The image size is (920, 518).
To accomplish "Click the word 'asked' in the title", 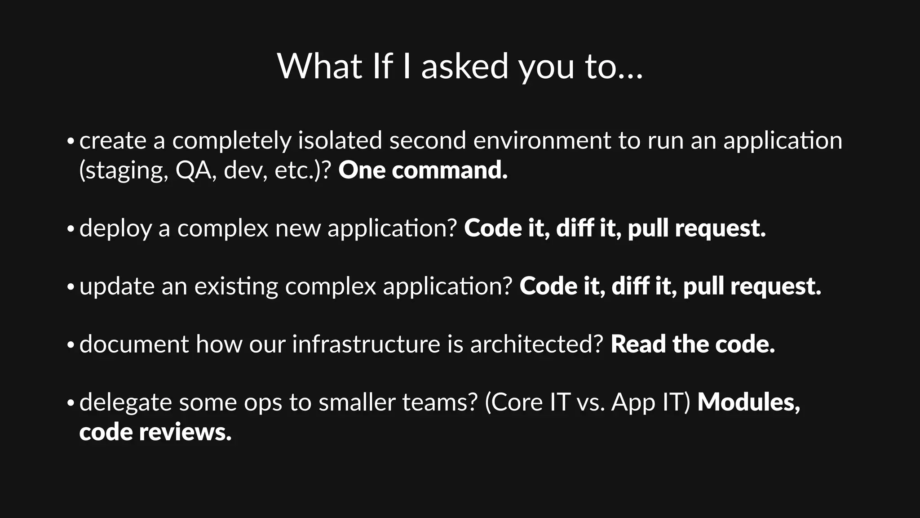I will click(x=464, y=67).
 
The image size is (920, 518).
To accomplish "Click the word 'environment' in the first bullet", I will click(x=542, y=140).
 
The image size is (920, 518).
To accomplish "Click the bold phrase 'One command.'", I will click(x=423, y=170).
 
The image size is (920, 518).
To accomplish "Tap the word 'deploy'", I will click(x=115, y=228).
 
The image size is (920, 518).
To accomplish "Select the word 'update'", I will click(x=117, y=286).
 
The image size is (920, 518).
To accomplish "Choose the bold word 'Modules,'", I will click(x=748, y=402).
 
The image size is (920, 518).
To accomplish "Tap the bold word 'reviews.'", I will click(x=185, y=432).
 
